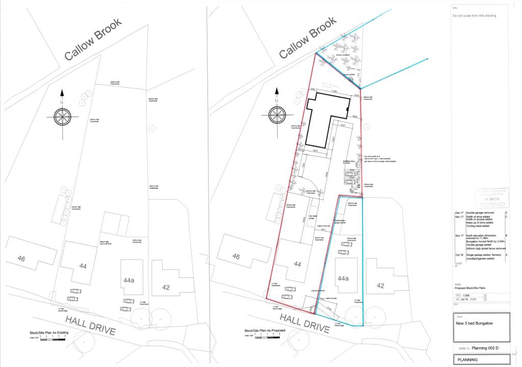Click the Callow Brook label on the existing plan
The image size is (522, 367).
tap(94, 39)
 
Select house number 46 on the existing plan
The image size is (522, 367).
tap(21, 259)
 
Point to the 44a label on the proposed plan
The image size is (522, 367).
tap(343, 278)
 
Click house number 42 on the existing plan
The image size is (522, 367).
tap(166, 287)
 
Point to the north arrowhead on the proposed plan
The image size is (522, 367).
tap(276, 93)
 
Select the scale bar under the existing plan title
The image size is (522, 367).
tap(47, 338)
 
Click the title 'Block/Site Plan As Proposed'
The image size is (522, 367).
tap(265, 331)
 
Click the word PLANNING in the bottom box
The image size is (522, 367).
tap(467, 360)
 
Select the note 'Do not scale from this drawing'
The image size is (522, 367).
tap(474, 16)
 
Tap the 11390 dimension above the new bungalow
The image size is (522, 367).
tap(334, 91)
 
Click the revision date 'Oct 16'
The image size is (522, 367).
tap(459, 253)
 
